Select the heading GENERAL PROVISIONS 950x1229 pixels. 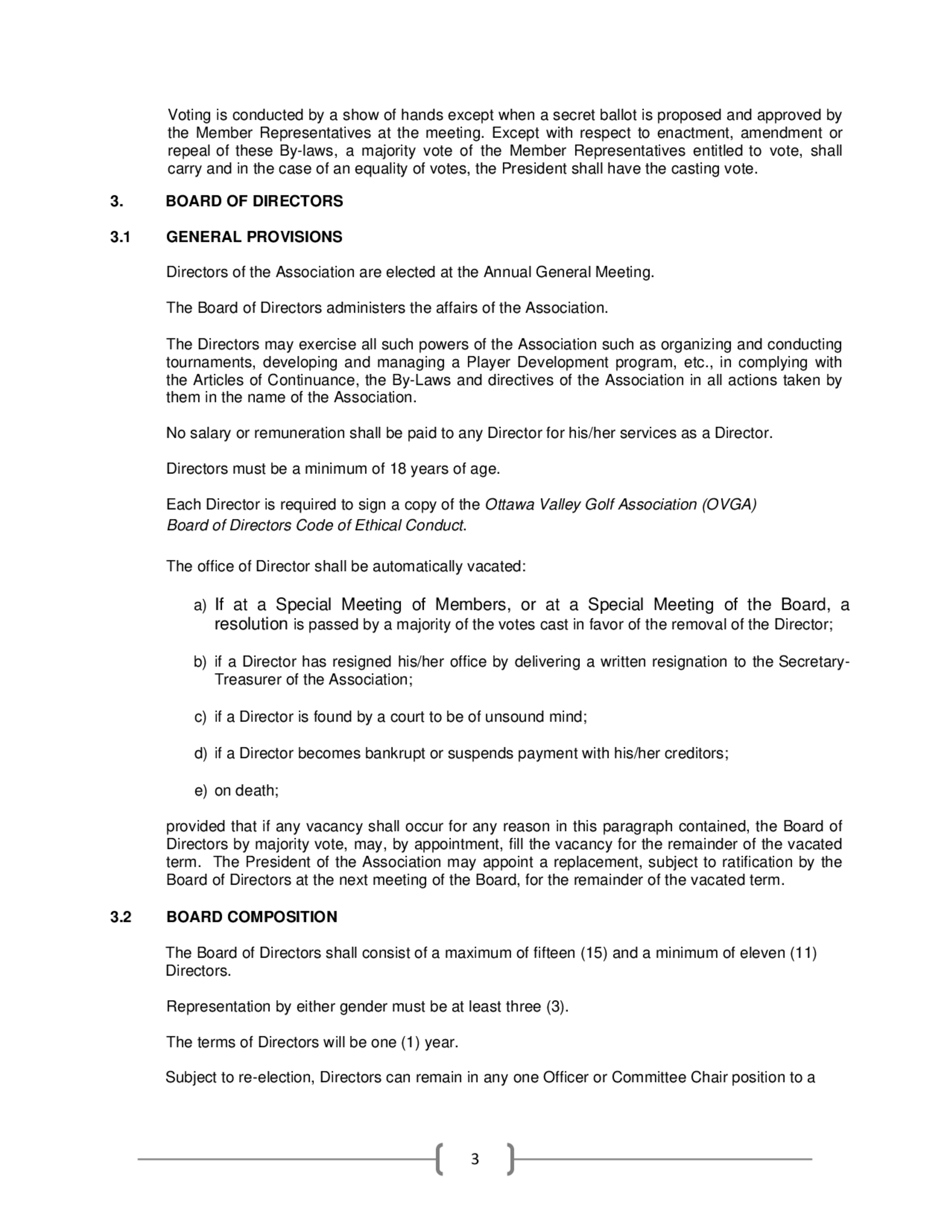click(254, 237)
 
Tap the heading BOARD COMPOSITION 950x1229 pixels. click(252, 917)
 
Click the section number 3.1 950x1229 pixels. click(120, 237)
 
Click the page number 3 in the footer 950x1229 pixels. click(475, 1159)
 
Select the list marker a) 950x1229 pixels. click(200, 605)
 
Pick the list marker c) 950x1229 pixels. click(200, 717)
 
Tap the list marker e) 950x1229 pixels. click(200, 791)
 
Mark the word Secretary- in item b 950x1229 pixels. click(814, 662)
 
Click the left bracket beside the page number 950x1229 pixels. click(439, 1159)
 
